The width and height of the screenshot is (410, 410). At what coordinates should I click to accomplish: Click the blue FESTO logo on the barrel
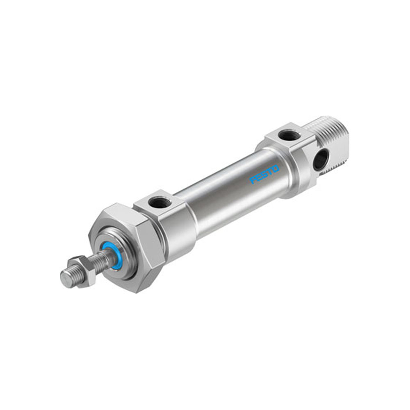click(264, 174)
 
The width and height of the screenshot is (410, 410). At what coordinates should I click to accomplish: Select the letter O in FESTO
click(276, 168)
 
